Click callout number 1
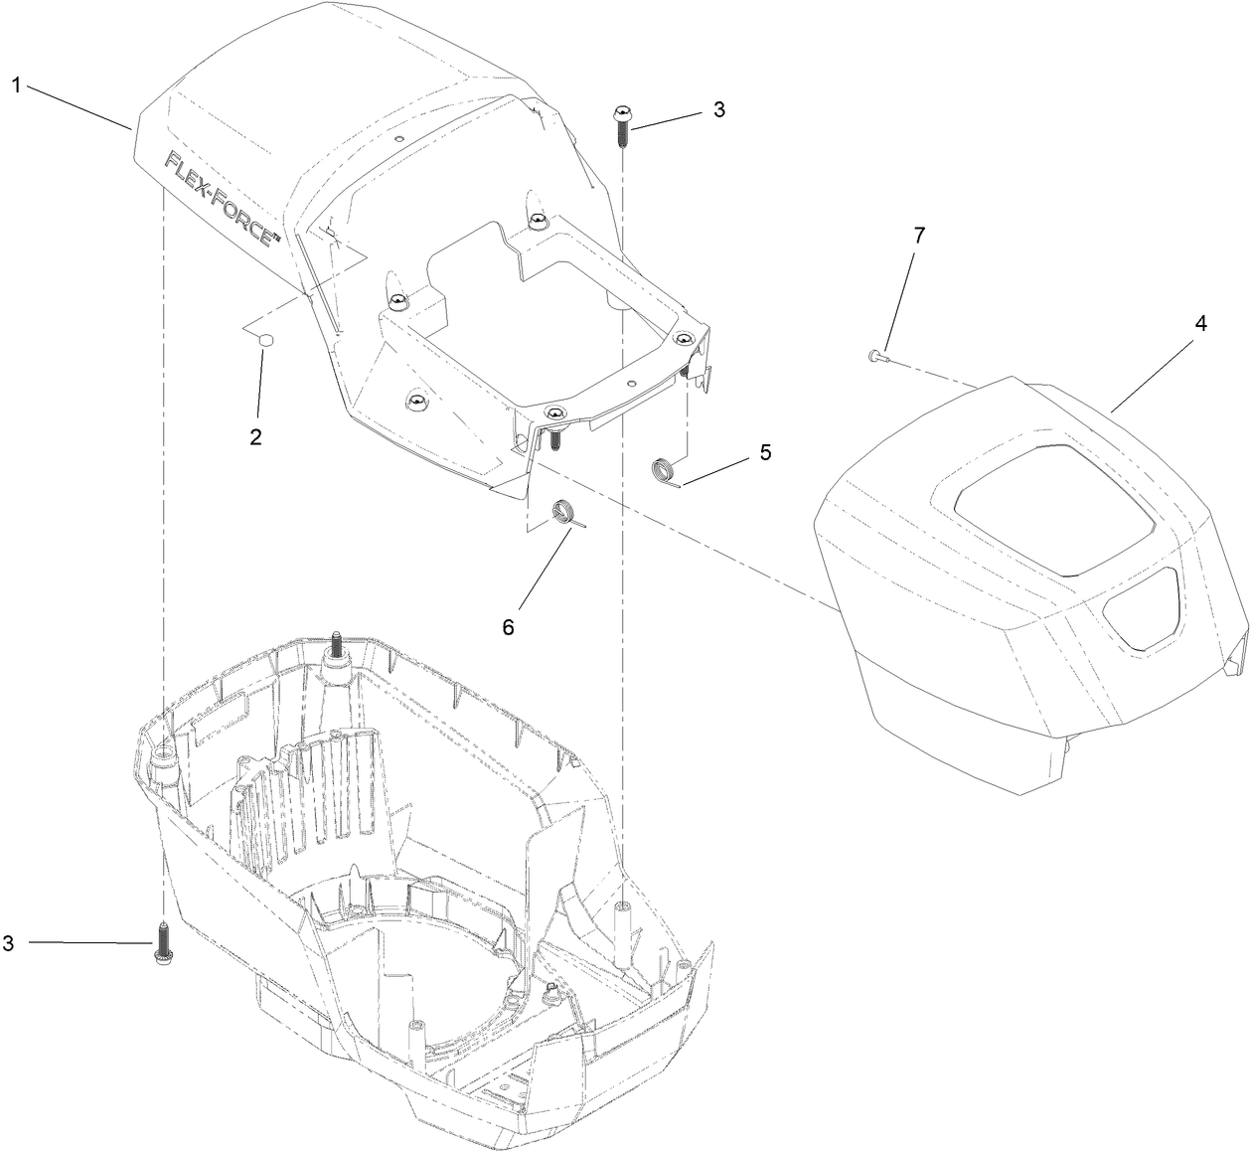click(x=16, y=85)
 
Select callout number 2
click(x=255, y=435)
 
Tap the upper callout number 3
click(x=718, y=109)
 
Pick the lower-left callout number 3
click(x=8, y=943)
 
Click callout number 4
click(x=1200, y=323)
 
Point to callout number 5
click(x=765, y=451)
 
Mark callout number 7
click(x=918, y=236)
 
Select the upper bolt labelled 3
click(x=621, y=123)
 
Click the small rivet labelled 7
click(x=875, y=355)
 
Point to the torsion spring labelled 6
click(x=565, y=513)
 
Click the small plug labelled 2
click(x=265, y=341)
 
